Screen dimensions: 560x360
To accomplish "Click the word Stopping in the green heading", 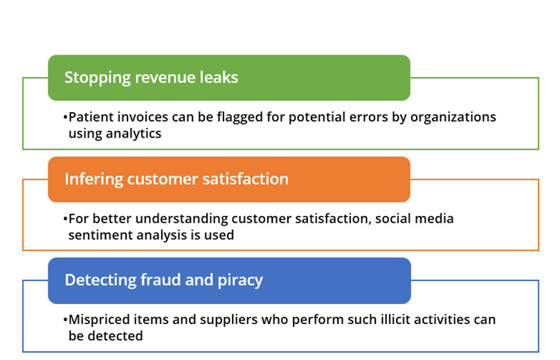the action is click(x=98, y=78).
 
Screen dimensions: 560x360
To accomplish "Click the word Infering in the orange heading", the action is click(x=94, y=179).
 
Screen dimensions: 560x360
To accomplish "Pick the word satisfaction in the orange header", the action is click(x=245, y=179).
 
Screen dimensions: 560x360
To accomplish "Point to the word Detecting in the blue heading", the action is click(x=100, y=280).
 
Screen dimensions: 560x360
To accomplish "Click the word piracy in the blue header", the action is click(x=240, y=280).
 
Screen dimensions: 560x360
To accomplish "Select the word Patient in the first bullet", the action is click(x=91, y=117).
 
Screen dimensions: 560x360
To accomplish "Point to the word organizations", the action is click(x=453, y=118).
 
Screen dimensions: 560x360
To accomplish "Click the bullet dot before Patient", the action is click(x=65, y=118).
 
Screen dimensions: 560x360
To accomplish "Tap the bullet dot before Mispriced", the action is click(x=65, y=320).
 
